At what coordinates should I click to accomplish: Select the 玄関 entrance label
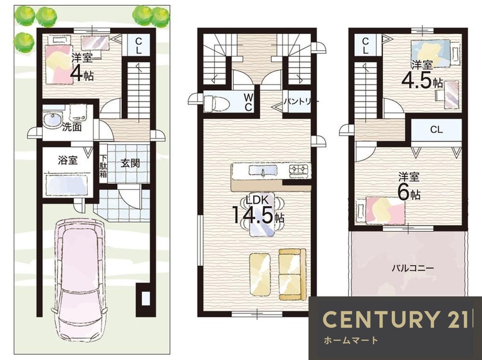point(130,163)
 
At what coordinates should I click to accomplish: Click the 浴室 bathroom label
point(68,160)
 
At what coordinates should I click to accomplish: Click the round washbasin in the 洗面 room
point(53,120)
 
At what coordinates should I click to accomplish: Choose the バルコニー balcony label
point(413,268)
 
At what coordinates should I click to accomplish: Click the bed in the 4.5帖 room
point(430,53)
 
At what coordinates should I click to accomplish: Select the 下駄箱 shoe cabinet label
point(103,166)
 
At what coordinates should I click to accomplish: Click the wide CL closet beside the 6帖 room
point(436,130)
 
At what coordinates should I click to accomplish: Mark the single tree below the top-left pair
point(24,40)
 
